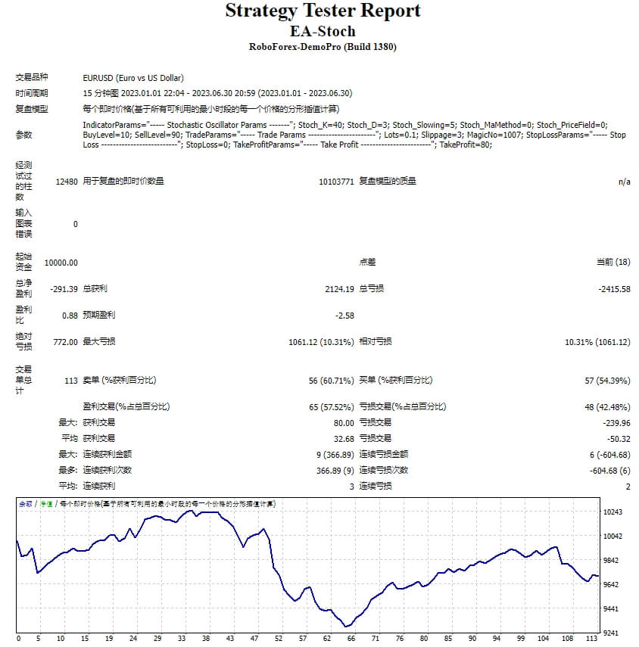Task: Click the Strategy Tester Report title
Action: pyautogui.click(x=323, y=11)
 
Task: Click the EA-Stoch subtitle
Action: pyautogui.click(x=323, y=31)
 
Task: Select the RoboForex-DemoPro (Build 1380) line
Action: pyautogui.click(x=323, y=47)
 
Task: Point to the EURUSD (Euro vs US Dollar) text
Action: pyautogui.click(x=133, y=78)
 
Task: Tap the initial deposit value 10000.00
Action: pyautogui.click(x=61, y=263)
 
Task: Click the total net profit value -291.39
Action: pyautogui.click(x=61, y=289)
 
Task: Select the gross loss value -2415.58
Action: pyautogui.click(x=610, y=289)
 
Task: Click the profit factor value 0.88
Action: pyautogui.click(x=70, y=316)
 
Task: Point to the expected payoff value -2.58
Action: pyautogui.click(x=344, y=316)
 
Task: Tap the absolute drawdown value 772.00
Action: pyautogui.click(x=64, y=342)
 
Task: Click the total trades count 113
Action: pyautogui.click(x=71, y=381)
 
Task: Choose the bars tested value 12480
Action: pyautogui.click(x=67, y=182)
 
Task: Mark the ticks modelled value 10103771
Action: pyautogui.click(x=336, y=182)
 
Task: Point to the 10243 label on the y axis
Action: pyautogui.click(x=612, y=512)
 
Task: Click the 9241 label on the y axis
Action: pyautogui.click(x=612, y=633)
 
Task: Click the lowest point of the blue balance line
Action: pyautogui.click(x=346, y=627)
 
